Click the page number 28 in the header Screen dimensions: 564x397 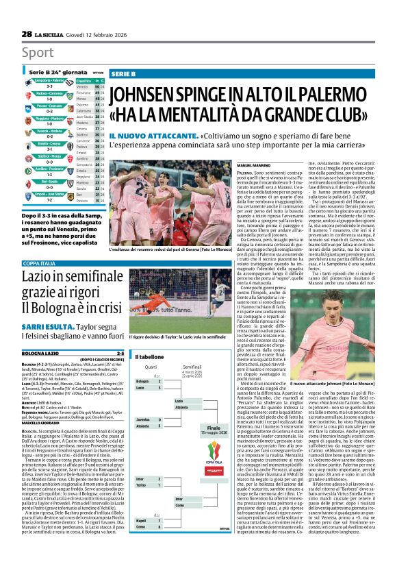[x=26, y=34]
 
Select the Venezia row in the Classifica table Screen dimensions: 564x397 [x=82, y=87]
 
